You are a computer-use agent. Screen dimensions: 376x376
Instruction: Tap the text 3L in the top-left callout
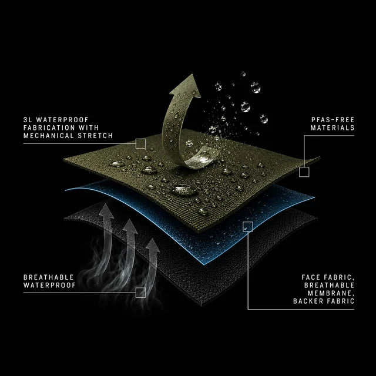[28, 120]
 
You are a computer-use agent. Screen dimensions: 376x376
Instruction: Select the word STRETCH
[95, 136]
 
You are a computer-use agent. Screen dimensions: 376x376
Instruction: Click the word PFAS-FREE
[333, 120]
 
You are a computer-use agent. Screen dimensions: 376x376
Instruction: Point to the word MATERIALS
[333, 128]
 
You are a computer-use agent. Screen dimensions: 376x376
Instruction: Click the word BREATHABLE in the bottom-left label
[48, 277]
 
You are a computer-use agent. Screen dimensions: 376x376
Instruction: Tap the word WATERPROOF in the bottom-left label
[49, 286]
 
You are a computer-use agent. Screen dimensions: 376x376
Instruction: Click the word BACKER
[308, 301]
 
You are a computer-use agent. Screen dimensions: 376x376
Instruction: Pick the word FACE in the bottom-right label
[311, 277]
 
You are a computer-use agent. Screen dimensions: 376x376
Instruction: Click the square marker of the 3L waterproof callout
[140, 143]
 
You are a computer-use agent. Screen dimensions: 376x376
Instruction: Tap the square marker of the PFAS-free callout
[304, 172]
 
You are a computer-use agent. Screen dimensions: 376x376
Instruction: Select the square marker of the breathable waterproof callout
[140, 293]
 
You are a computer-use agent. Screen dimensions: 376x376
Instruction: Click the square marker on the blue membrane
[248, 227]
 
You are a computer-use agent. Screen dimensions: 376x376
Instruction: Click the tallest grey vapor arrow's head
[106, 211]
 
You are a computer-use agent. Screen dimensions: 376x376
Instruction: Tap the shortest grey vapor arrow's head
[153, 245]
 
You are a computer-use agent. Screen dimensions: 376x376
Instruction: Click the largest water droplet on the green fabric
[184, 190]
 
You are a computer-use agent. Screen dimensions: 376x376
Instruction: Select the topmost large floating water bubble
[256, 88]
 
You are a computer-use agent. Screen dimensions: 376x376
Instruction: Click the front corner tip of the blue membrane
[203, 264]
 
